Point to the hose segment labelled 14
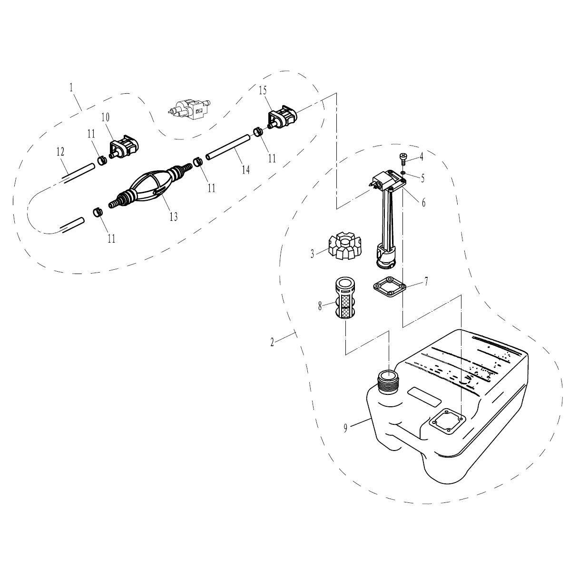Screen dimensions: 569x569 [228, 147]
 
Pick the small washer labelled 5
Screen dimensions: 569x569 [403, 172]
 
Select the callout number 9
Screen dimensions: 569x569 [345, 429]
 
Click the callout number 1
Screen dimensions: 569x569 [71, 88]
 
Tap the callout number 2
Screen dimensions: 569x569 [272, 342]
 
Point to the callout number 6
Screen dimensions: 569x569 [423, 203]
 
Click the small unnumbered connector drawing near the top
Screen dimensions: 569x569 [189, 108]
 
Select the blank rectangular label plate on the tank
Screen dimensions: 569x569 [424, 397]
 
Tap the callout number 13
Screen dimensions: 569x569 [174, 216]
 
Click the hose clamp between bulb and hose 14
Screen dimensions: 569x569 [197, 161]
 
